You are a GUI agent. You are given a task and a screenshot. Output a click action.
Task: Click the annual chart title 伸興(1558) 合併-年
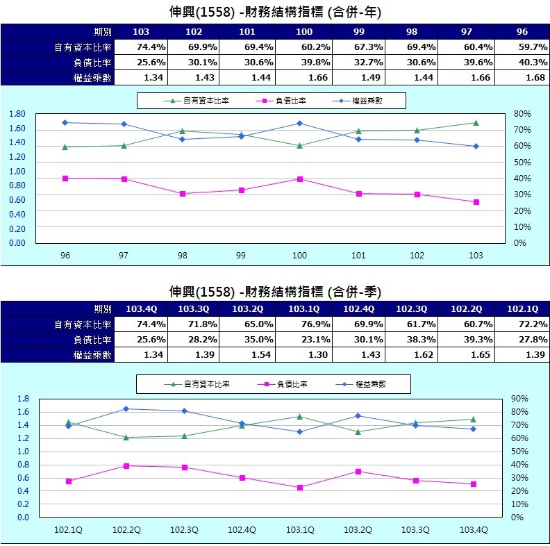coord(275,13)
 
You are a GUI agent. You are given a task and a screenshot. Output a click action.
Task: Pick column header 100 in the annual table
coord(304,32)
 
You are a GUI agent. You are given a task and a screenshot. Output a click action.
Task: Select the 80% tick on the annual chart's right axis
coord(522,114)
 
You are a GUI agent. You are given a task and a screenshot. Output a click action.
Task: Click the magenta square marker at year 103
coord(476,202)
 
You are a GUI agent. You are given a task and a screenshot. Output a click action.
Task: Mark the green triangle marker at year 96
coord(65,147)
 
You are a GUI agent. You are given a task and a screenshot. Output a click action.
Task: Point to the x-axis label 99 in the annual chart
coord(241,256)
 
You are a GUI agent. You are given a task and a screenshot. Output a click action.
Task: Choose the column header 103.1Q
coord(304,308)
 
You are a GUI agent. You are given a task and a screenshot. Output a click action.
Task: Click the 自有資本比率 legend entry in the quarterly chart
coord(201,383)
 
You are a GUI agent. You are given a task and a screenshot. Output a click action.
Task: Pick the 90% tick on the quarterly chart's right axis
coord(520,399)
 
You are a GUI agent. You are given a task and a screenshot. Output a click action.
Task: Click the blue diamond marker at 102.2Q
coord(126,408)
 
